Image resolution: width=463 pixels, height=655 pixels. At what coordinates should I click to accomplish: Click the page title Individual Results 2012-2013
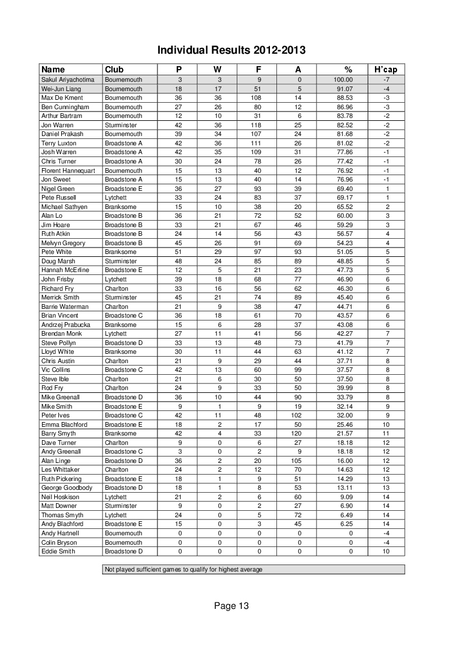click(x=232, y=51)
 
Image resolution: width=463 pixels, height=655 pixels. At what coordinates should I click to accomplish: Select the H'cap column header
click(x=386, y=69)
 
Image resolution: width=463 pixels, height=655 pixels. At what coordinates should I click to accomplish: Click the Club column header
click(x=114, y=69)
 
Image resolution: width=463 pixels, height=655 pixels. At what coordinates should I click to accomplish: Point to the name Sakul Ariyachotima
click(x=67, y=79)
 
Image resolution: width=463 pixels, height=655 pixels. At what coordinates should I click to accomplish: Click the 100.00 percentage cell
click(x=343, y=79)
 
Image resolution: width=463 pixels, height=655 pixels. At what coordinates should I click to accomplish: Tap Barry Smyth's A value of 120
click(x=299, y=434)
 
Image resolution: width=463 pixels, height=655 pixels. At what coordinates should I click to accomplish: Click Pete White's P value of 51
click(x=180, y=252)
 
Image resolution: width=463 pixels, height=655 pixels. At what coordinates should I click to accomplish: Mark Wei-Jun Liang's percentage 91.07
click(x=343, y=89)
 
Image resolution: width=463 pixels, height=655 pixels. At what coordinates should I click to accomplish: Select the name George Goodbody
click(x=66, y=487)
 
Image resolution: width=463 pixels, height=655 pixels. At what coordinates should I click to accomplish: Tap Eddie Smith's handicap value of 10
click(x=386, y=551)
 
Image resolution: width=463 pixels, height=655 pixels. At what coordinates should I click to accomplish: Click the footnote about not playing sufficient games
click(x=183, y=569)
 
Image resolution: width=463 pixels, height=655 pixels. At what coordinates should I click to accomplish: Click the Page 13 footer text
click(x=232, y=606)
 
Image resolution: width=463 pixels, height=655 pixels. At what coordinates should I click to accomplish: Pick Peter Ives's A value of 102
click(x=299, y=415)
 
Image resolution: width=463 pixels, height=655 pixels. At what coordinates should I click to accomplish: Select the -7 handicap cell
click(x=386, y=79)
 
